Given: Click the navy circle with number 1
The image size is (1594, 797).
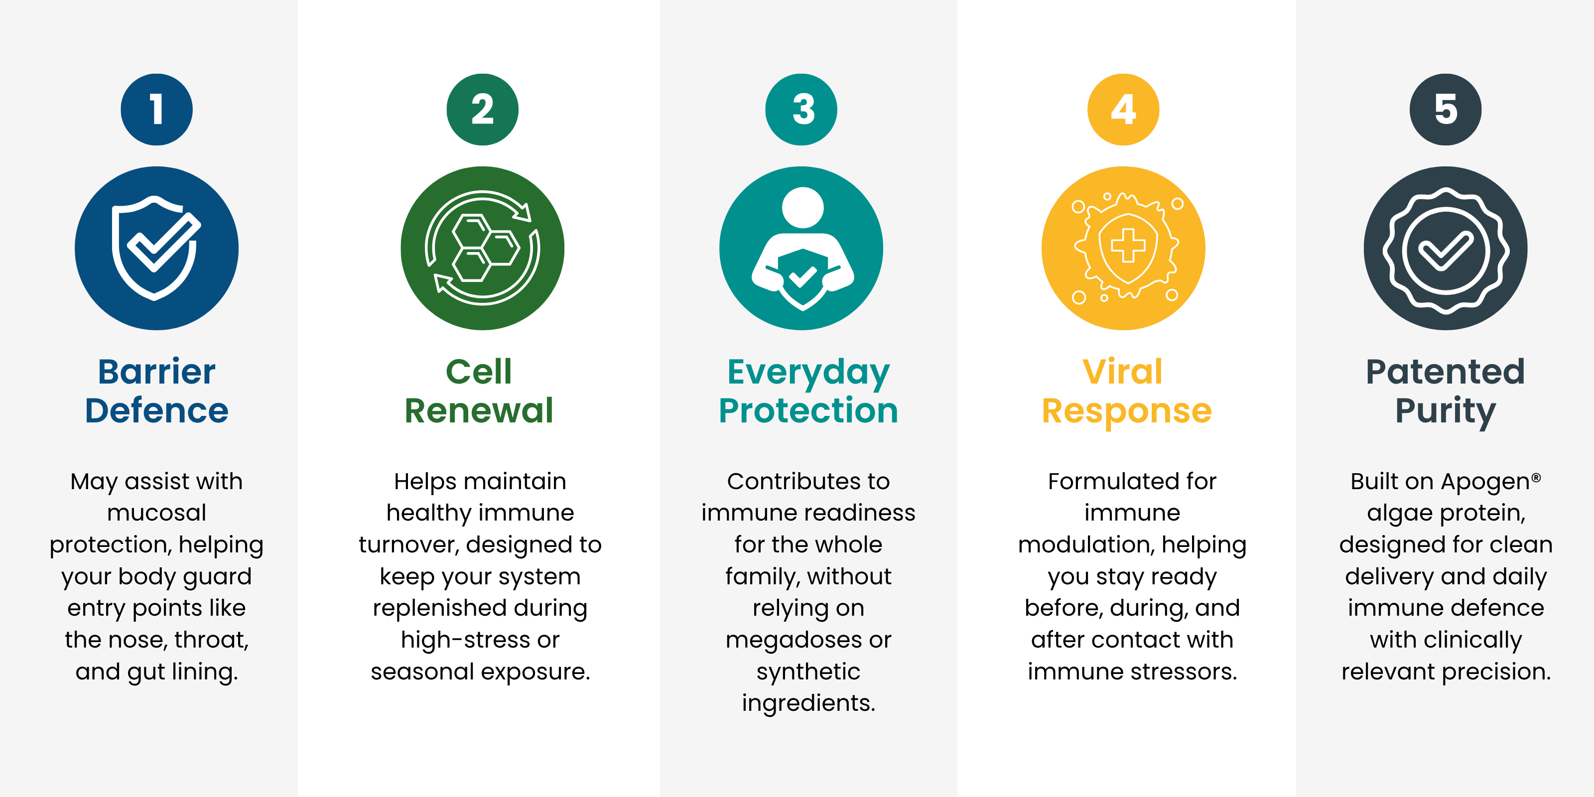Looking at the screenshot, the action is coord(156,110).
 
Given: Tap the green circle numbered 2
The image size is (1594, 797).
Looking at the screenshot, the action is coord(483,110).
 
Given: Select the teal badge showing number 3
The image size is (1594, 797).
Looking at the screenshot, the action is coord(801,110).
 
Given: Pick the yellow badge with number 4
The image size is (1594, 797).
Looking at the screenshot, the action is coord(1124,110).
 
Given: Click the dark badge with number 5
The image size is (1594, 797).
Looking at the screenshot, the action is coord(1446,110).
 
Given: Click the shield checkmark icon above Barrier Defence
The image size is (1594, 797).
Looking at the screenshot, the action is coord(156,248).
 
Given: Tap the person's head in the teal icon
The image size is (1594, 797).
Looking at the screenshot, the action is coord(802,208).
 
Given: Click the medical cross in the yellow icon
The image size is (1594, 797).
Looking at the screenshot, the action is coord(1128,246).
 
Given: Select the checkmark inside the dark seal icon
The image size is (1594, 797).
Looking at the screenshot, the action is coord(1446,251).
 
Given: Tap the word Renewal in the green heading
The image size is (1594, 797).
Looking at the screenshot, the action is coord(479,410).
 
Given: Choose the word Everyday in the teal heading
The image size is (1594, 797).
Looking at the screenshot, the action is coord(808,374).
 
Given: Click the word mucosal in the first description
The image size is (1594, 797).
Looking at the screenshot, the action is coord(156,513).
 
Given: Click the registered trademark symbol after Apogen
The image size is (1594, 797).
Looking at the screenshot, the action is coord(1536,477).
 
